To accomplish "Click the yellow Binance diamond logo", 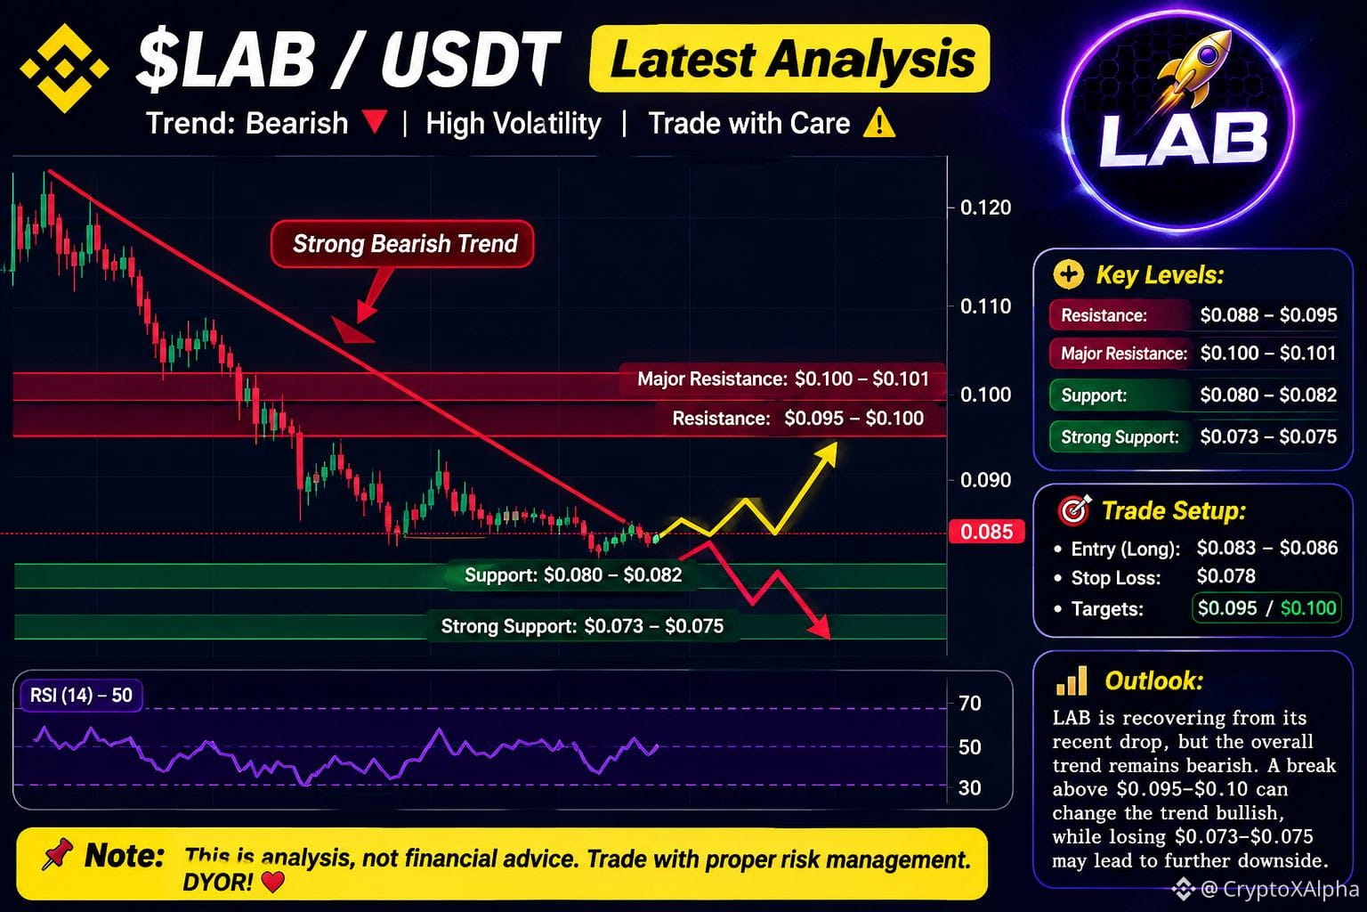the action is [64, 68].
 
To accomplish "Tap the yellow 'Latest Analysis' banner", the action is [789, 59].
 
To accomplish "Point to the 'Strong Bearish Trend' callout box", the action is [403, 244].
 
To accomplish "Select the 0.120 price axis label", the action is [985, 208].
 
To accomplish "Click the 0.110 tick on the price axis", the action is [985, 306].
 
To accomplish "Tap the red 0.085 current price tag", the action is [986, 532].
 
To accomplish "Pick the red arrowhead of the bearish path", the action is [821, 627].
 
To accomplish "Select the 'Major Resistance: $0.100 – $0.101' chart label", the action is [783, 379].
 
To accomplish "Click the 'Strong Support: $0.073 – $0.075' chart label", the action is [582, 626].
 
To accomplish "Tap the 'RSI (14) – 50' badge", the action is [81, 696].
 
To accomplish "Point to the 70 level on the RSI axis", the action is [970, 703].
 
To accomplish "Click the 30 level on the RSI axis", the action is [970, 787].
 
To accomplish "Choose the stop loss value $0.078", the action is [1226, 576].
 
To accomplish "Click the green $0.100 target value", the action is [1308, 607].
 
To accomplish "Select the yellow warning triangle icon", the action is [879, 122].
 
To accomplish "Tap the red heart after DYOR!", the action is [273, 882].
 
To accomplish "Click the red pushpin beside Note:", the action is [57, 853].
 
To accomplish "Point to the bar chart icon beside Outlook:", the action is [1071, 680].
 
